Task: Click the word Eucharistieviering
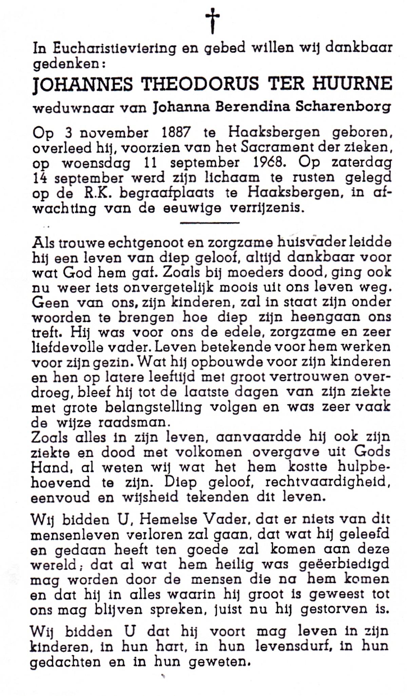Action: coord(115,49)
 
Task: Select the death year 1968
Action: coord(268,163)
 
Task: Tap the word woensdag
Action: coord(96,163)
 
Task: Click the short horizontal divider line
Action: coord(210,223)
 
